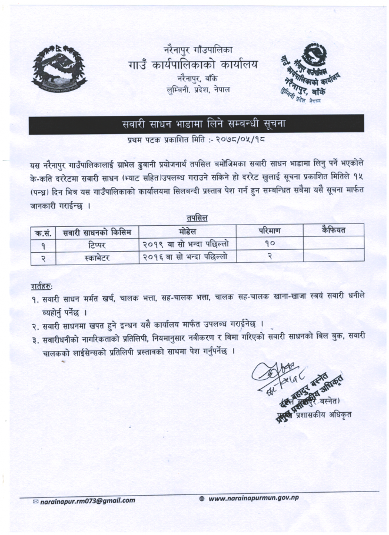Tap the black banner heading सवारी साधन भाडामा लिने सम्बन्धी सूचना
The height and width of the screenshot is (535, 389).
coord(195,124)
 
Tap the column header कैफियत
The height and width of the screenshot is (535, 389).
coord(333,230)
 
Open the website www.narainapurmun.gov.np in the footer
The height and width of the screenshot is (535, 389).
coord(254,499)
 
